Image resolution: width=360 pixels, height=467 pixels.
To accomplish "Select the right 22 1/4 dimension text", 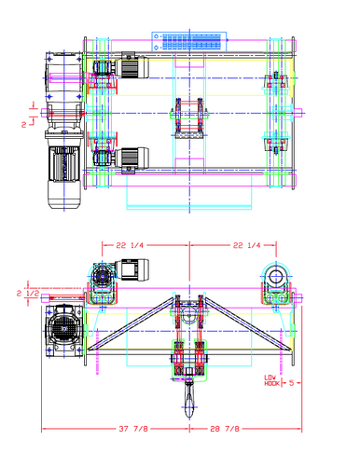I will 247,245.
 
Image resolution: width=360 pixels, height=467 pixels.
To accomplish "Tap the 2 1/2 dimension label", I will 25,294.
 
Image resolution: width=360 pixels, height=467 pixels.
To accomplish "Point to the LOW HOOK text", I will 271,380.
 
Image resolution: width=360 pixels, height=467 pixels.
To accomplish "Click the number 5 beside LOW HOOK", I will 291,381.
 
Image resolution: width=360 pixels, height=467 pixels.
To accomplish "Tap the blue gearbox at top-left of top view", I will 63,75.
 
